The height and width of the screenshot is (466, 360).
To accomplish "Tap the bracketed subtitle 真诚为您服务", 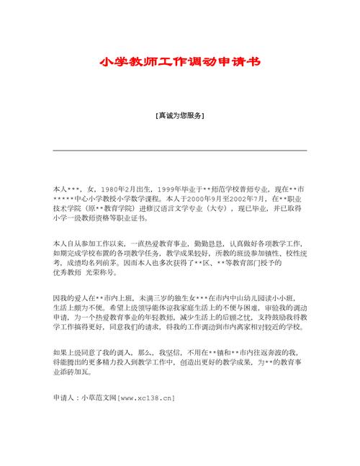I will [179, 115].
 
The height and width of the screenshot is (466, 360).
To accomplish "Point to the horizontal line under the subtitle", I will [179, 150].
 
